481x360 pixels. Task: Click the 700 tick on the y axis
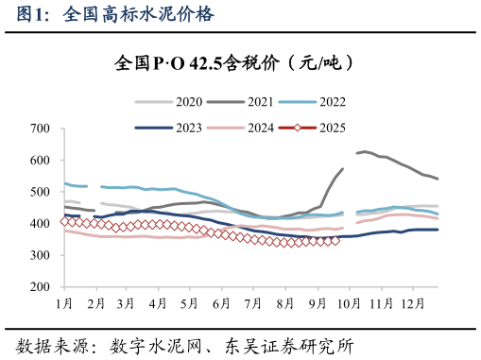click(40, 128)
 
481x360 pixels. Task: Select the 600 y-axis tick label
click(40, 160)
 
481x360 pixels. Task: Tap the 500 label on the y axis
click(40, 192)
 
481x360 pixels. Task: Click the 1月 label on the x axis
click(64, 303)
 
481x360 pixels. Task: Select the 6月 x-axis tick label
click(221, 303)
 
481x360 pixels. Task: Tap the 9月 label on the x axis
click(316, 303)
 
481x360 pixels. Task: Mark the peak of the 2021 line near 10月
click(365, 151)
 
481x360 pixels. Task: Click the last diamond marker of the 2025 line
click(335, 240)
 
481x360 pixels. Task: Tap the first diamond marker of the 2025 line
click(64, 221)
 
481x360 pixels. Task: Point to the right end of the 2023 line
click(438, 230)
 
